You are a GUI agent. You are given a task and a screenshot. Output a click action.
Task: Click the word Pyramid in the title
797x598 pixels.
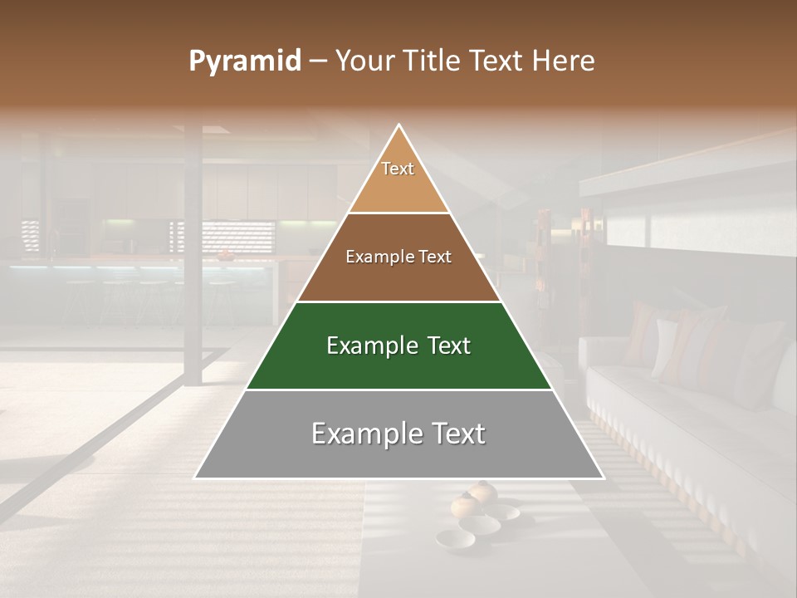click(245, 61)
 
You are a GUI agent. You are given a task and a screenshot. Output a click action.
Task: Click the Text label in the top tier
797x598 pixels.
click(398, 169)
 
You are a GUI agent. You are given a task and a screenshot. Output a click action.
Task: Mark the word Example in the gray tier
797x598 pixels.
click(366, 434)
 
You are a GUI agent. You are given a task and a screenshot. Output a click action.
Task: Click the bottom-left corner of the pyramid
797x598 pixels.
click(195, 478)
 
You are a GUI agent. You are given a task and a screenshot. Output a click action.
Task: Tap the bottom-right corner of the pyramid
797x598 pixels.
click(603, 478)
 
